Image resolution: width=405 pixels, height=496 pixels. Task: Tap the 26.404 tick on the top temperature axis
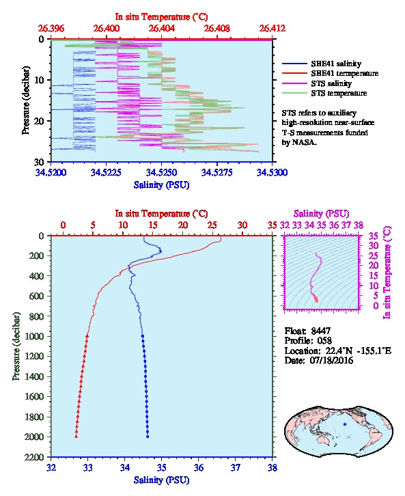coord(162,29)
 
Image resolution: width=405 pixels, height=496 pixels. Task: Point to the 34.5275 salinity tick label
coord(217,172)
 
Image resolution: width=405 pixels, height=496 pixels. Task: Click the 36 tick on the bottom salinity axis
coord(199,467)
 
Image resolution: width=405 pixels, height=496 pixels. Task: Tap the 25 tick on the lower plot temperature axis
coord(212,225)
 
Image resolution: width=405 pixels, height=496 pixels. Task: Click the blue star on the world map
coord(345,424)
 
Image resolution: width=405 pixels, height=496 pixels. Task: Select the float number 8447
coord(321,331)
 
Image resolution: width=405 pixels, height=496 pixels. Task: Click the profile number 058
coord(324,341)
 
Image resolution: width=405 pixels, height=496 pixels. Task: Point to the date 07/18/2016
coord(331,360)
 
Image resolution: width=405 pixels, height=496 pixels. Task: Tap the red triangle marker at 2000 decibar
coord(76,436)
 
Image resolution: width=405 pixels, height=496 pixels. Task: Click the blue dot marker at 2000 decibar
coord(148,437)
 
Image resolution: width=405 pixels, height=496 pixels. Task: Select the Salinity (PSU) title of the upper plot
coord(162,184)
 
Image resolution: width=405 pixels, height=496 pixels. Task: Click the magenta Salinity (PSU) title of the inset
coord(322,214)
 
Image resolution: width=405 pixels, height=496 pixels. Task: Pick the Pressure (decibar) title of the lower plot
coord(16,346)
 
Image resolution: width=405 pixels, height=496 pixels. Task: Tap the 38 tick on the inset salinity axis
coord(359,225)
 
